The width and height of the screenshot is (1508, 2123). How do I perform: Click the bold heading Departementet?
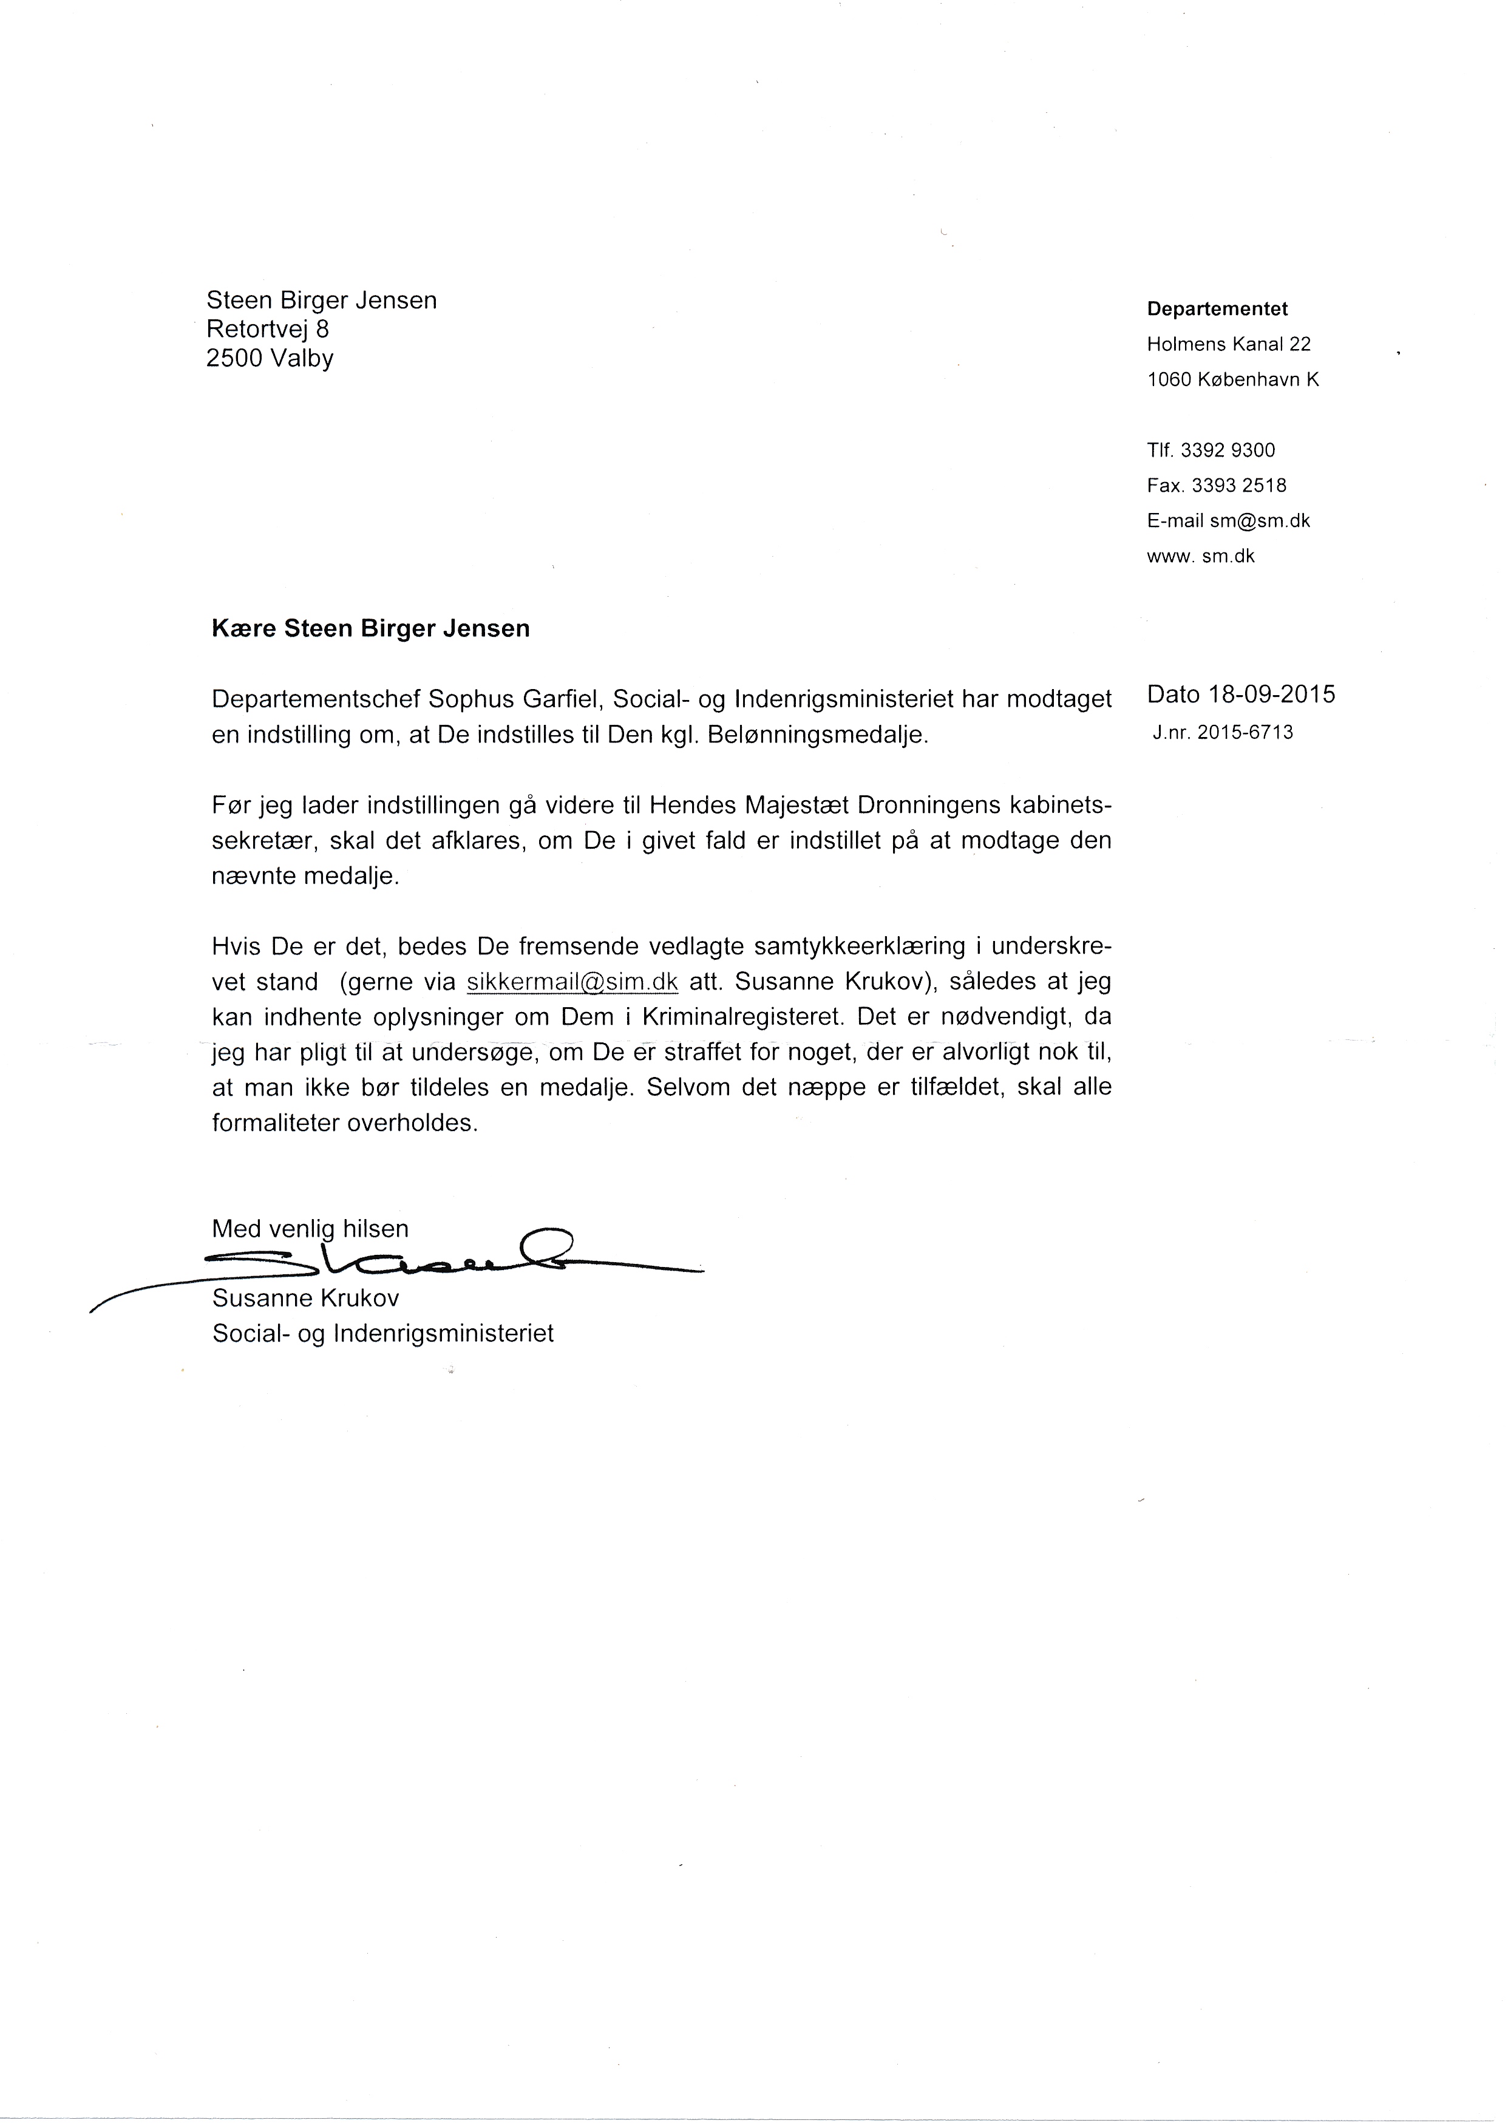[1217, 308]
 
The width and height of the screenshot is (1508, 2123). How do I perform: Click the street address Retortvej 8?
[268, 329]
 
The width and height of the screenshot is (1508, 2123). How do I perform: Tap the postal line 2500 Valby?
[270, 358]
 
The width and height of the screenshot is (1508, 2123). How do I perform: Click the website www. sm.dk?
[1201, 556]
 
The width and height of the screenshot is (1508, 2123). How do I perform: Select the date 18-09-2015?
[1271, 694]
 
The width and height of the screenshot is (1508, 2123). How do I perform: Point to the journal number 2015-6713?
[1245, 732]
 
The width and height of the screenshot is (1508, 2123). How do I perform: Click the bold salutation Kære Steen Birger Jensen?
[370, 629]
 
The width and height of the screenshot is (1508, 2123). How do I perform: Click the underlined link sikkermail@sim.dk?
[572, 982]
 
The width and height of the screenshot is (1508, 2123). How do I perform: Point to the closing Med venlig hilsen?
[310, 1229]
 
